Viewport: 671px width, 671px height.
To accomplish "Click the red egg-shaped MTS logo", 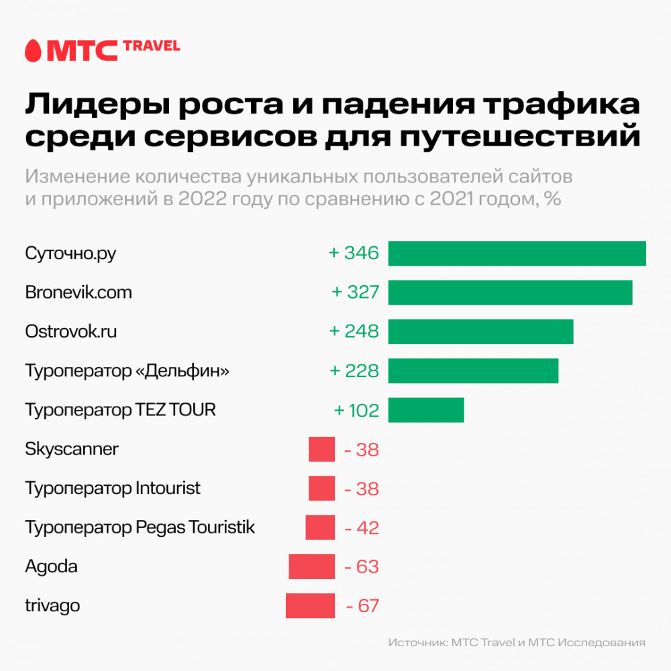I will click(x=32, y=51).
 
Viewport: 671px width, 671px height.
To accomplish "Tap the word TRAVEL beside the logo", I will click(x=152, y=46).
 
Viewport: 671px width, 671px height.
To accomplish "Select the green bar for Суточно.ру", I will click(x=517, y=254).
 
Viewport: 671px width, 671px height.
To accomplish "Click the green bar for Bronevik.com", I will click(x=510, y=293).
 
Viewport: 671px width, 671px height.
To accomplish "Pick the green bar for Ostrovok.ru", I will click(x=480, y=331).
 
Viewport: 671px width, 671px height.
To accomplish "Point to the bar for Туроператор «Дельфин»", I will click(x=473, y=370).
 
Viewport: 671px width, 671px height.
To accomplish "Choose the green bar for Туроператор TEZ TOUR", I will click(x=426, y=409).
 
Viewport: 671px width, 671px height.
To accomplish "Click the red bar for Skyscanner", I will click(x=321, y=449).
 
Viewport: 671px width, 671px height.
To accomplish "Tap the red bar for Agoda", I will click(x=311, y=566).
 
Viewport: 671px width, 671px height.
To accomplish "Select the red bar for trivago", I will click(x=310, y=605).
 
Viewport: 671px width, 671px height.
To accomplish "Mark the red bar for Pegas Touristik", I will click(x=320, y=527).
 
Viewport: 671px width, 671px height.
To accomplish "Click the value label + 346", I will click(x=354, y=254).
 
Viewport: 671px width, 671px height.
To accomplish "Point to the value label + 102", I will click(x=356, y=410).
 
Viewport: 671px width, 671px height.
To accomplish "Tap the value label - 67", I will click(x=362, y=606).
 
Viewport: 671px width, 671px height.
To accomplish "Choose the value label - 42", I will click(x=362, y=528).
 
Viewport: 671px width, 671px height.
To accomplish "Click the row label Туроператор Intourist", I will click(x=113, y=488).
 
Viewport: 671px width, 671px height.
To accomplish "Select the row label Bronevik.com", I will click(x=79, y=293).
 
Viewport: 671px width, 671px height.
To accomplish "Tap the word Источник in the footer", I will click(x=416, y=642).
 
